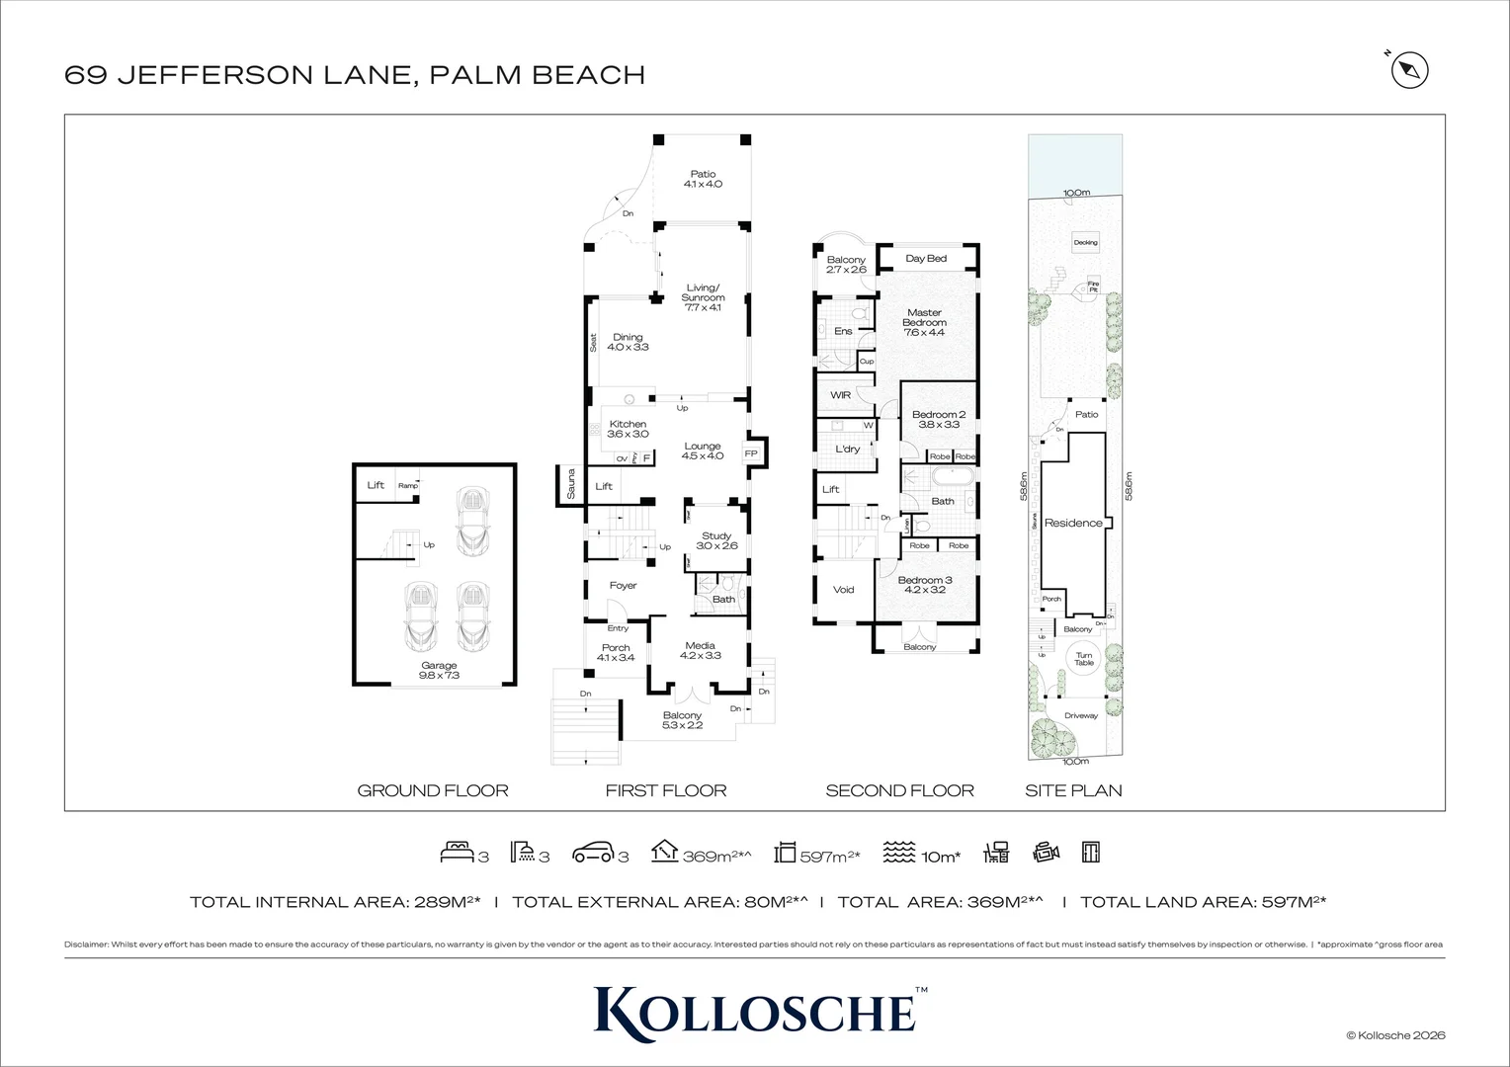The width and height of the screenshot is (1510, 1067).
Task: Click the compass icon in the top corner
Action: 1410,70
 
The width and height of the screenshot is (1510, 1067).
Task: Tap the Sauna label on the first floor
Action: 570,484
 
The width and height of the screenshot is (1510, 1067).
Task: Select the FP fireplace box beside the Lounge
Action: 751,453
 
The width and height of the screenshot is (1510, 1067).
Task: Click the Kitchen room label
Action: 628,425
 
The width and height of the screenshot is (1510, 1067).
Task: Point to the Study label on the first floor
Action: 716,536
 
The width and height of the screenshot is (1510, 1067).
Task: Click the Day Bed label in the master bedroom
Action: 926,259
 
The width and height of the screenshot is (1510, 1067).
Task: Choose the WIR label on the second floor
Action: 840,395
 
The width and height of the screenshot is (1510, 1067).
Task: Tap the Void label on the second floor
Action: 843,590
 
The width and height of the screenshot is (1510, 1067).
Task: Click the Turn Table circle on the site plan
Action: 1084,659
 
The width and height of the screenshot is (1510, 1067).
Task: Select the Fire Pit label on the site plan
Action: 1093,287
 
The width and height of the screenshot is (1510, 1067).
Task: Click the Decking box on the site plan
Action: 1085,242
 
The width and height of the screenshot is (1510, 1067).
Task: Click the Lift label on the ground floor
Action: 376,485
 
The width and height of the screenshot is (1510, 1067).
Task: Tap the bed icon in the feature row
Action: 457,853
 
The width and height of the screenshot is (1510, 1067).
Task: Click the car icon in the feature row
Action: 593,853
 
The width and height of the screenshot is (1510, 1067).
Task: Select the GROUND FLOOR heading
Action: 433,790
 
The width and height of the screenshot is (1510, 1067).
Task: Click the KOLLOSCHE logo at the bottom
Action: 754,1010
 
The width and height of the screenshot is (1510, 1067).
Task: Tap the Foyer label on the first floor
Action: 623,586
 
